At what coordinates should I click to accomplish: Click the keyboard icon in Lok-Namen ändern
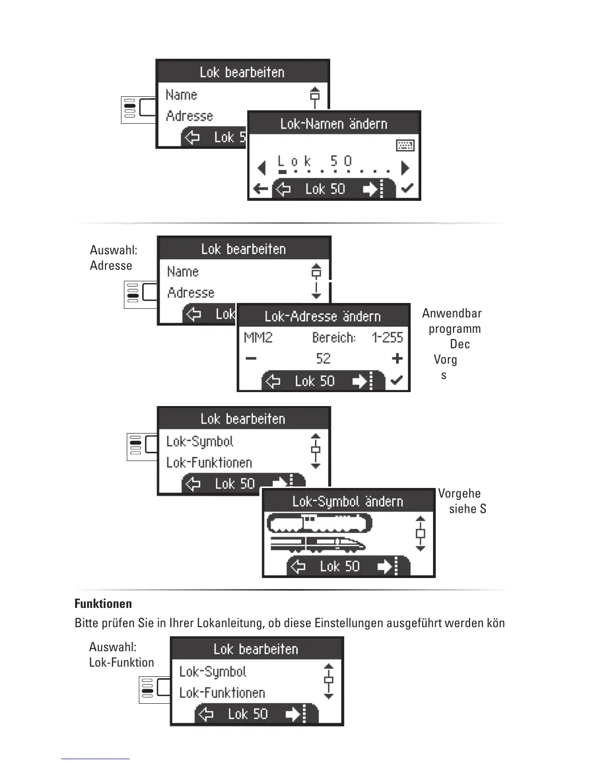405,145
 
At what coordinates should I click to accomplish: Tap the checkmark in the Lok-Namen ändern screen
407,188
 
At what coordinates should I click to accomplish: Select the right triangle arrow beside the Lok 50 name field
405,168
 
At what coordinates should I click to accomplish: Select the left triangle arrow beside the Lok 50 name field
262,168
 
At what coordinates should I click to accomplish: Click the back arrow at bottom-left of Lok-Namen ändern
260,189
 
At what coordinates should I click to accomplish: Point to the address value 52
323,358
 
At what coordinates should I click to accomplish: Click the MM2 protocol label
258,337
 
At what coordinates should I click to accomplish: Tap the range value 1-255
387,337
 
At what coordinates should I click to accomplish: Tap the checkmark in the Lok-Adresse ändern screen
397,381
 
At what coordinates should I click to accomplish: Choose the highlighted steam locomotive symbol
319,523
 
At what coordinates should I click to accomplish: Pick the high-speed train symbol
318,544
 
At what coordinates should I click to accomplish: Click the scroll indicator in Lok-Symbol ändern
420,534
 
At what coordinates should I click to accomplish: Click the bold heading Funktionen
103,604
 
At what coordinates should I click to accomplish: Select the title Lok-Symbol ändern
348,501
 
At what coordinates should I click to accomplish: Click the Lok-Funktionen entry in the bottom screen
222,693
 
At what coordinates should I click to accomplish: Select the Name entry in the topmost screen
181,95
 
